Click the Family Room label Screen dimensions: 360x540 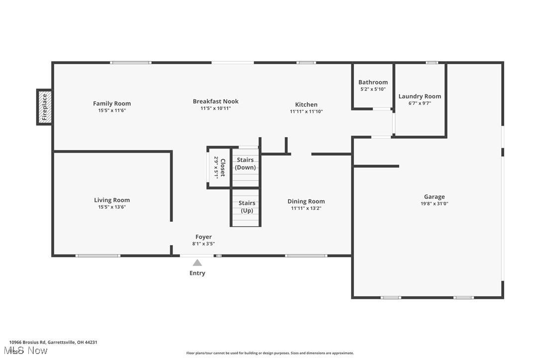(112, 103)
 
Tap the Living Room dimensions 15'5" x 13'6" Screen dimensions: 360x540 (112, 207)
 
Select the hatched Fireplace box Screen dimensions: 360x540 (44, 107)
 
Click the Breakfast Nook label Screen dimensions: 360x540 (216, 101)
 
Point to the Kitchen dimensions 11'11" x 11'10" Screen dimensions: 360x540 (306, 111)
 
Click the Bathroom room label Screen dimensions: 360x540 (373, 82)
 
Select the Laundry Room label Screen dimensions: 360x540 (420, 96)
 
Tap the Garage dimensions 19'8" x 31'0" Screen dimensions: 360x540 (434, 203)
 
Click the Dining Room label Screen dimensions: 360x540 (306, 201)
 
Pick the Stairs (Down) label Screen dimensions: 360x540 (245, 164)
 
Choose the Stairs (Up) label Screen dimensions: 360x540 (247, 206)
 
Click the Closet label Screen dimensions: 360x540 (223, 168)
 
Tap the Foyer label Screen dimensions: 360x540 (203, 237)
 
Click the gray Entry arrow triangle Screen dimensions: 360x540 (197, 263)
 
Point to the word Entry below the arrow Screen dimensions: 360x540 (197, 273)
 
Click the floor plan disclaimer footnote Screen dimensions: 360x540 (270, 353)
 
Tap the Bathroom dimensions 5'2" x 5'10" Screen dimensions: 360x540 (373, 89)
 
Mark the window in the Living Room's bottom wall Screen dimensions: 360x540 (98, 256)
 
